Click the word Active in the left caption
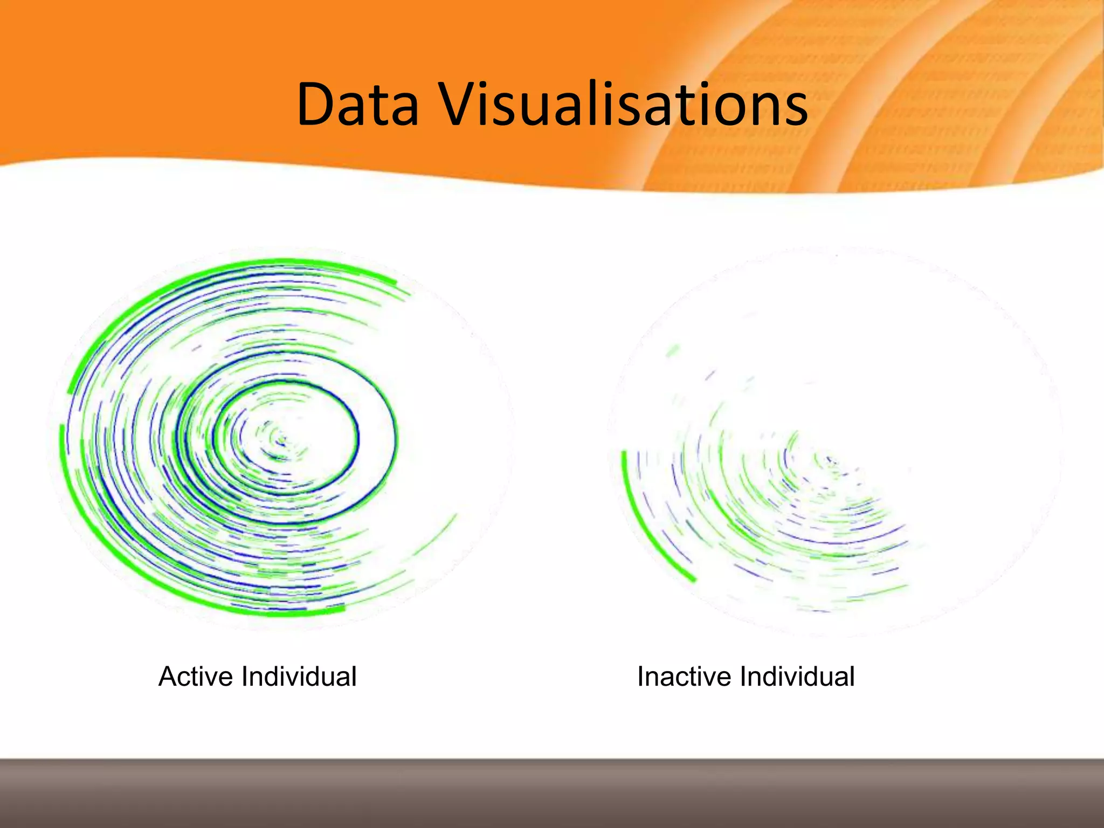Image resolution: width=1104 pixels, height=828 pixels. click(x=197, y=677)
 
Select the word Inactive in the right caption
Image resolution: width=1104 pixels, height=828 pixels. click(x=685, y=677)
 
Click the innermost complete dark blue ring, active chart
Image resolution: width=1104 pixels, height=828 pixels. click(x=357, y=437)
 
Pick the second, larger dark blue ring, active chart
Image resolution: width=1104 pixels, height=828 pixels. click(x=395, y=437)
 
